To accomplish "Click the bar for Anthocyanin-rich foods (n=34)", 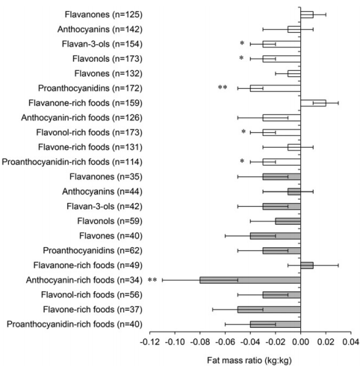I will pyautogui.click(x=250, y=279).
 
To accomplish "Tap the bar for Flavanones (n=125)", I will pyautogui.click(x=306, y=14).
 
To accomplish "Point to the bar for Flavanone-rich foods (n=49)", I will pyautogui.click(x=306, y=264).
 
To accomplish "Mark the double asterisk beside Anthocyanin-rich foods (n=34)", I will pyautogui.click(x=152, y=281).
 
